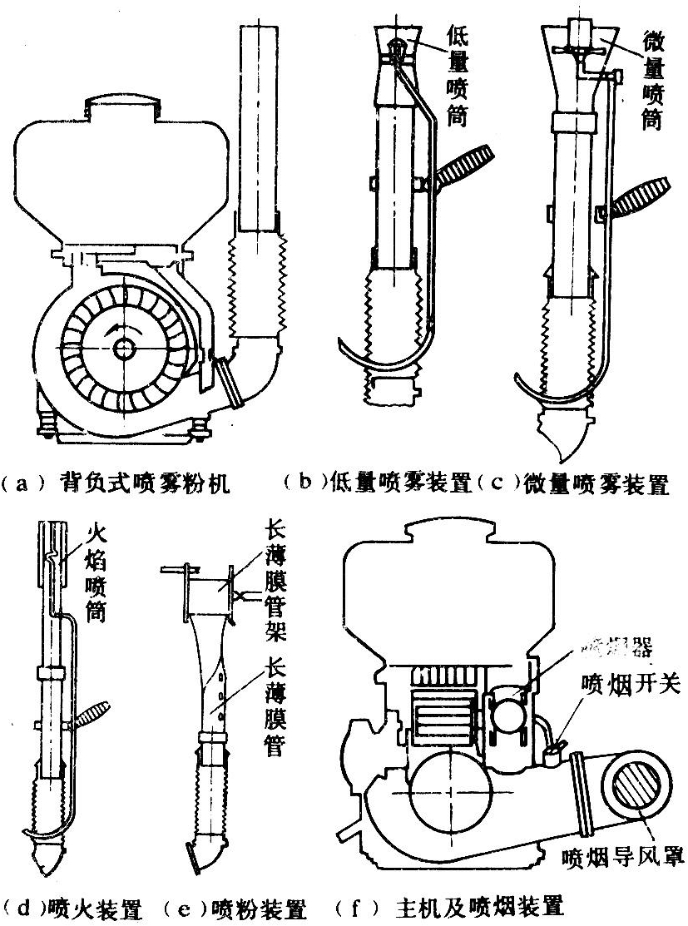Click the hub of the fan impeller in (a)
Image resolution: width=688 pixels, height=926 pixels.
(x=126, y=348)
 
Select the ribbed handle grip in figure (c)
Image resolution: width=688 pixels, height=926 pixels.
(x=640, y=196)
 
